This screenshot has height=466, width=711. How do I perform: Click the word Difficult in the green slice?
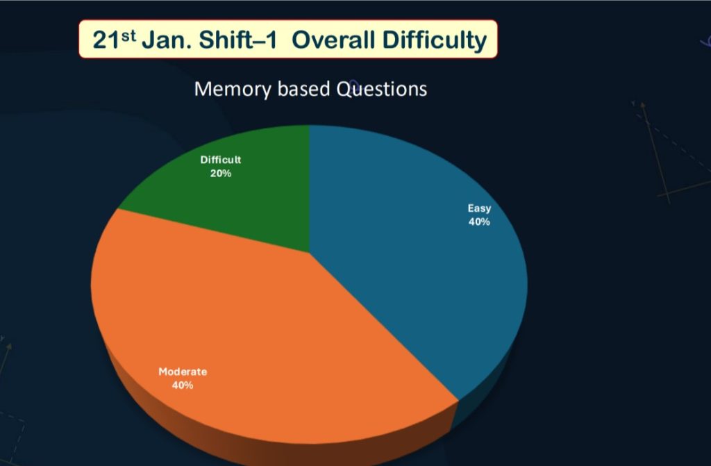tap(221, 160)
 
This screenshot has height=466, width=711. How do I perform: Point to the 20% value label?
tap(221, 173)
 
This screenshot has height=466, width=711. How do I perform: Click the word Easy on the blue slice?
tap(479, 208)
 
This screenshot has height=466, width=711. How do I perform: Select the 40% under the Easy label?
tap(479, 222)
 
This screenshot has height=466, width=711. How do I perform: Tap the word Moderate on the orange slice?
tap(183, 372)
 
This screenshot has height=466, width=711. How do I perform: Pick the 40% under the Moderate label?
tap(183, 385)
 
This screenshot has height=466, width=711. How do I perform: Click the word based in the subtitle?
tap(305, 90)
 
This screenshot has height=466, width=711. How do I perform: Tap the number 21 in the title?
tap(104, 40)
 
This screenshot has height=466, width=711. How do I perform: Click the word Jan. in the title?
tap(165, 40)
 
